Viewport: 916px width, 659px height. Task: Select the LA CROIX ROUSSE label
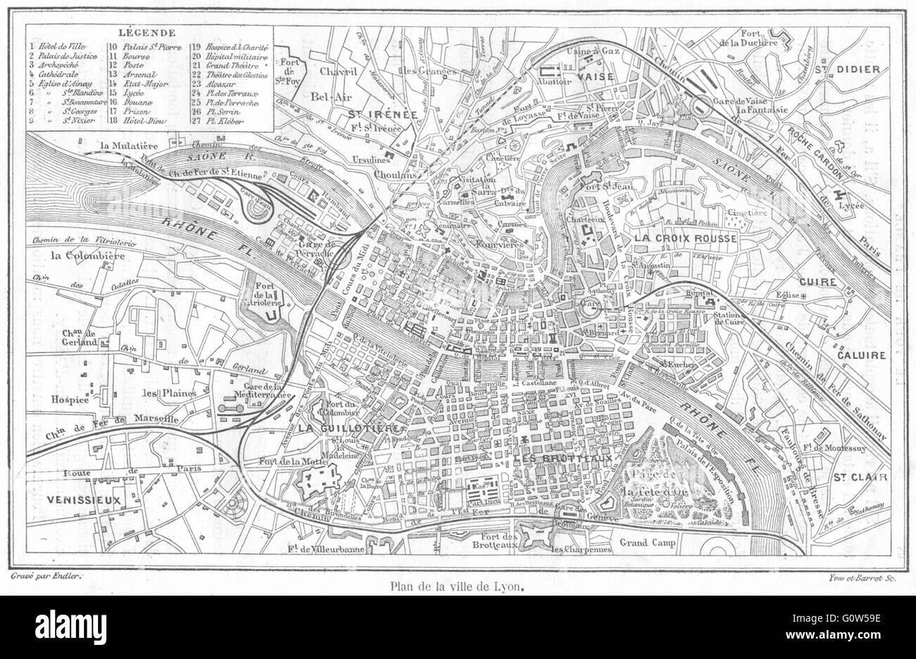click(x=685, y=239)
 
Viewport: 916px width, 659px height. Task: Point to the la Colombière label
click(x=87, y=255)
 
